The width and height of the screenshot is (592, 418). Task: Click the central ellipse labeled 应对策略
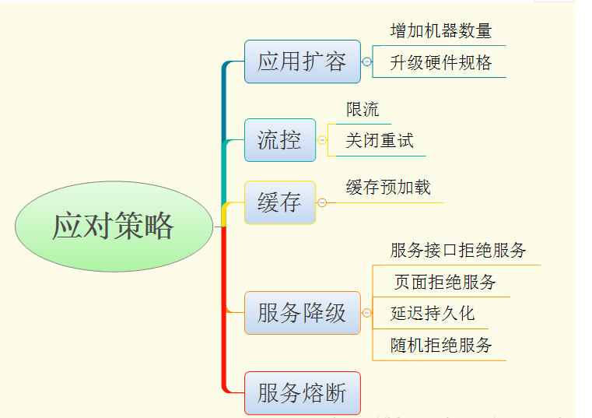114,227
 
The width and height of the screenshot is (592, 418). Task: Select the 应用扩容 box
302,61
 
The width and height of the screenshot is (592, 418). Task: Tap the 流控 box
279,140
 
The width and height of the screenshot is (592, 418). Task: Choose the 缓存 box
279,202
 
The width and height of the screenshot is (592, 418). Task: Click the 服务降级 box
302,313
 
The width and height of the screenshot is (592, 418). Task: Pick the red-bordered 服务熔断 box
302,393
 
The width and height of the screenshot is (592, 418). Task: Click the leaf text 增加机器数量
440,31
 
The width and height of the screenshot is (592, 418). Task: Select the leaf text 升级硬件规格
440,62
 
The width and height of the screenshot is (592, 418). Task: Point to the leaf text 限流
363,110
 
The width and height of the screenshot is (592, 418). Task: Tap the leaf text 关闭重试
380,141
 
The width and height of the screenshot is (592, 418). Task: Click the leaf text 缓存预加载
388,188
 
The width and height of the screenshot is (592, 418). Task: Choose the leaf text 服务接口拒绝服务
458,250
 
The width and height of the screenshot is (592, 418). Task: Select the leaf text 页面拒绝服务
444,282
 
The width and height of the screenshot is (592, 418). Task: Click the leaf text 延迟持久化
433,314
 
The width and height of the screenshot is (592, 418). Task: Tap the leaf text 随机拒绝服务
441,345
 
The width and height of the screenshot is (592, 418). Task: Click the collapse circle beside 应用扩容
367,61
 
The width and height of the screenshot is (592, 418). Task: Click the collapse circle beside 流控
322,140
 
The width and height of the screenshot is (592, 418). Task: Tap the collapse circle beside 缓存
322,202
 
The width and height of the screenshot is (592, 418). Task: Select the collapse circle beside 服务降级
367,313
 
